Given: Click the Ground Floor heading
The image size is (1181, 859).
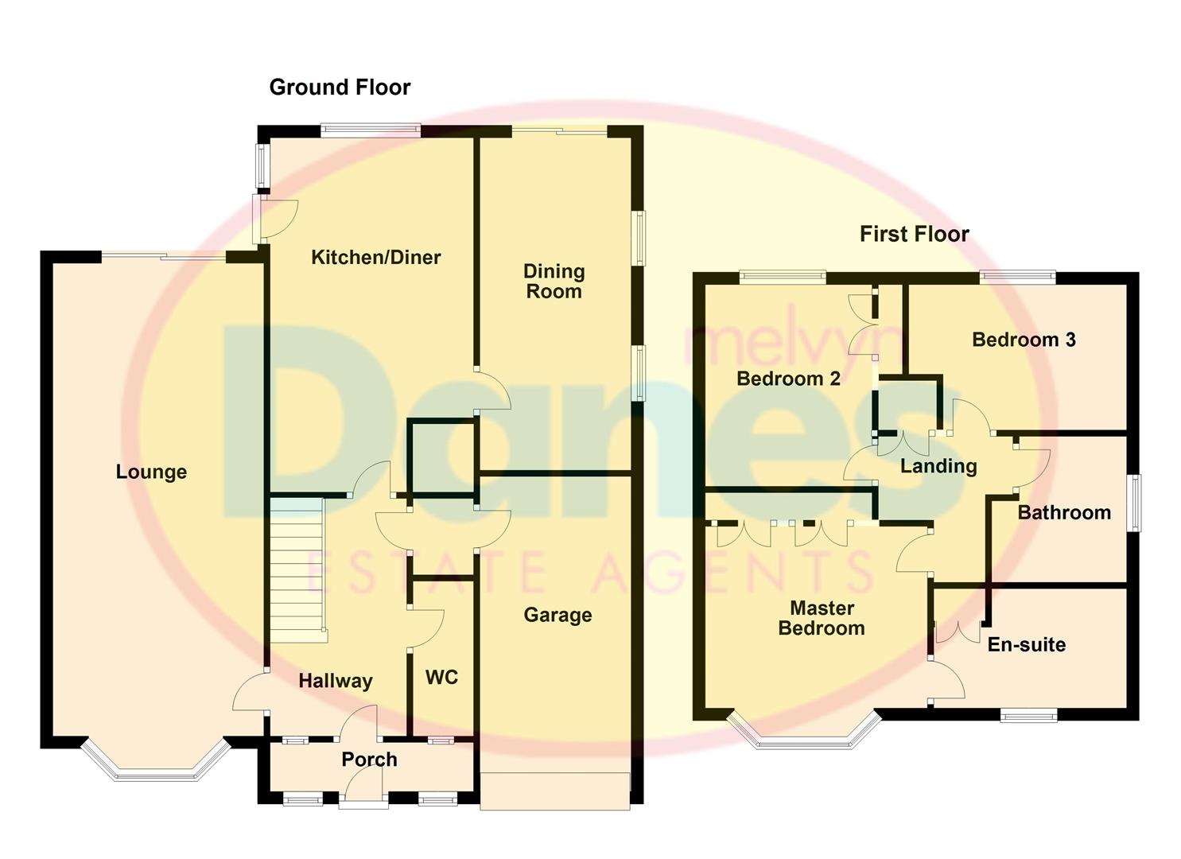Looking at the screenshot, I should [x=340, y=87].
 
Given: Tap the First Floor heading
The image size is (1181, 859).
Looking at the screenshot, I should [x=914, y=234].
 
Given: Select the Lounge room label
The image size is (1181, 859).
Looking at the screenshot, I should [x=151, y=472].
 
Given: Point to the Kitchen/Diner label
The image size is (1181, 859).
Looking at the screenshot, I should [x=375, y=257].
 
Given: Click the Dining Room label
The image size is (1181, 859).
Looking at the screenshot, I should [x=554, y=282].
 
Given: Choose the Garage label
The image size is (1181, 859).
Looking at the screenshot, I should [x=557, y=615].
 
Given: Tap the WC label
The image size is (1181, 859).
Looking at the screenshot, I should [x=441, y=677].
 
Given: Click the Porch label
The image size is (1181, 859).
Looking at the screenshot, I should [x=369, y=760].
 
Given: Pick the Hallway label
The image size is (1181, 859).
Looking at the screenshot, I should [x=335, y=681].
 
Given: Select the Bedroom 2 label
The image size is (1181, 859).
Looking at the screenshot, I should [x=788, y=379].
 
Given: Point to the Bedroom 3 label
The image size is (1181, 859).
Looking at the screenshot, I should [x=1024, y=340].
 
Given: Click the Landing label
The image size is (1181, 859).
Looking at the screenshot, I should [x=938, y=466].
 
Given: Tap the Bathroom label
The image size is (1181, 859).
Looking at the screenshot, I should [x=1064, y=512].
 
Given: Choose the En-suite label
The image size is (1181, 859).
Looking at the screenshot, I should [x=1026, y=644].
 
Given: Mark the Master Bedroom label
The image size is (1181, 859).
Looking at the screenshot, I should [x=822, y=618].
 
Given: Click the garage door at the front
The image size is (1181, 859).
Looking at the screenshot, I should [x=555, y=791].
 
